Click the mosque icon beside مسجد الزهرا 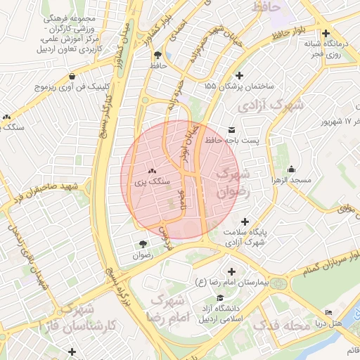[x=292, y=169]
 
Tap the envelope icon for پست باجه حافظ [x=232, y=129]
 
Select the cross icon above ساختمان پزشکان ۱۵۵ [x=240, y=75]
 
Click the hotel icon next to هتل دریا [x=328, y=313]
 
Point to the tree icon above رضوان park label [x=143, y=244]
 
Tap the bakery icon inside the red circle [x=152, y=170]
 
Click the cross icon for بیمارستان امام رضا [x=232, y=271]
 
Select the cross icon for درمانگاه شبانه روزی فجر [x=325, y=33]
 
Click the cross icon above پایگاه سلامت [x=245, y=221]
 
